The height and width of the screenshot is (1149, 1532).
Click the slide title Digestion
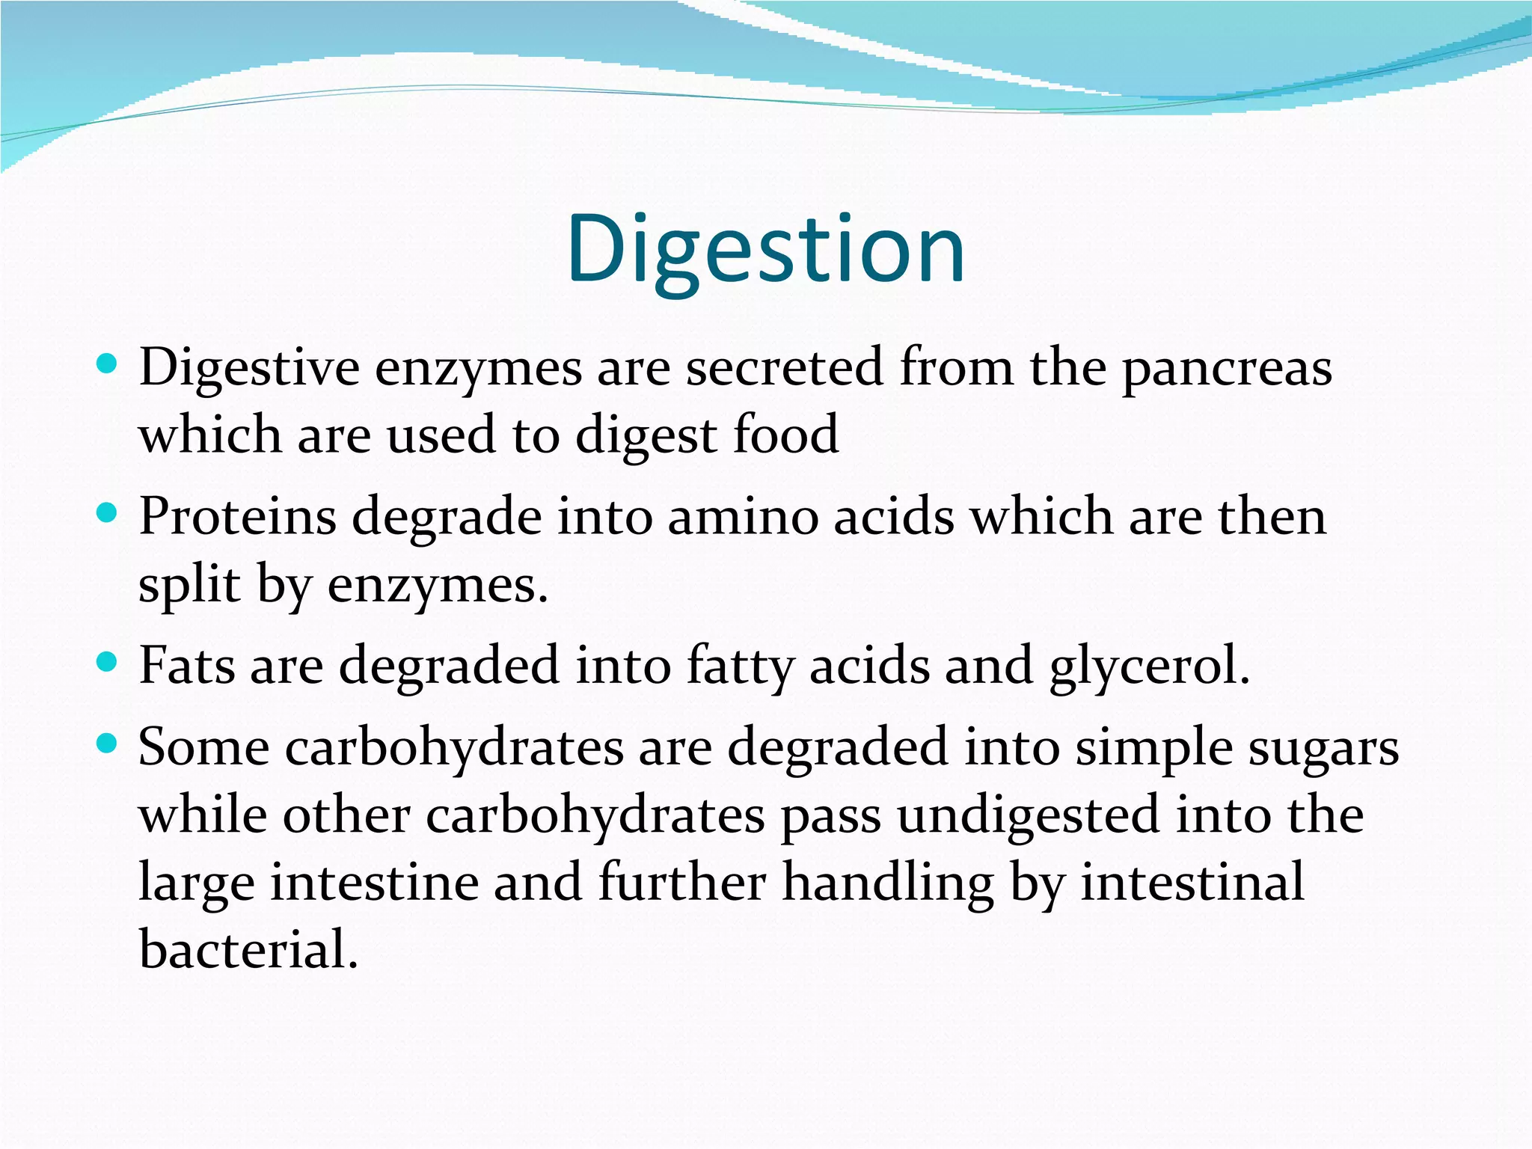(765, 249)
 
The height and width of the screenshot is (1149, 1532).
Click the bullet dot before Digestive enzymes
(108, 364)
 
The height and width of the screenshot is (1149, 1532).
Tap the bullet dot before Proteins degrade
(108, 513)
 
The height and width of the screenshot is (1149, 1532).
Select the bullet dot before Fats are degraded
(108, 662)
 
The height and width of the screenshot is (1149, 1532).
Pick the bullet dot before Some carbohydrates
(108, 744)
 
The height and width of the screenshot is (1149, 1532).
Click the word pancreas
(1227, 370)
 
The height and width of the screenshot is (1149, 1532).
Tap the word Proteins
(237, 517)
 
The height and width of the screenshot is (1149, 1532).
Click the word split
(189, 585)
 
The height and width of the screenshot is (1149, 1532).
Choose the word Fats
(186, 665)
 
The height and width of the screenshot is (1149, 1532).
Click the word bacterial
(248, 949)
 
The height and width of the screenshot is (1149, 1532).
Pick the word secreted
(784, 368)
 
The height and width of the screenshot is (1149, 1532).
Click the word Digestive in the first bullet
(249, 370)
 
